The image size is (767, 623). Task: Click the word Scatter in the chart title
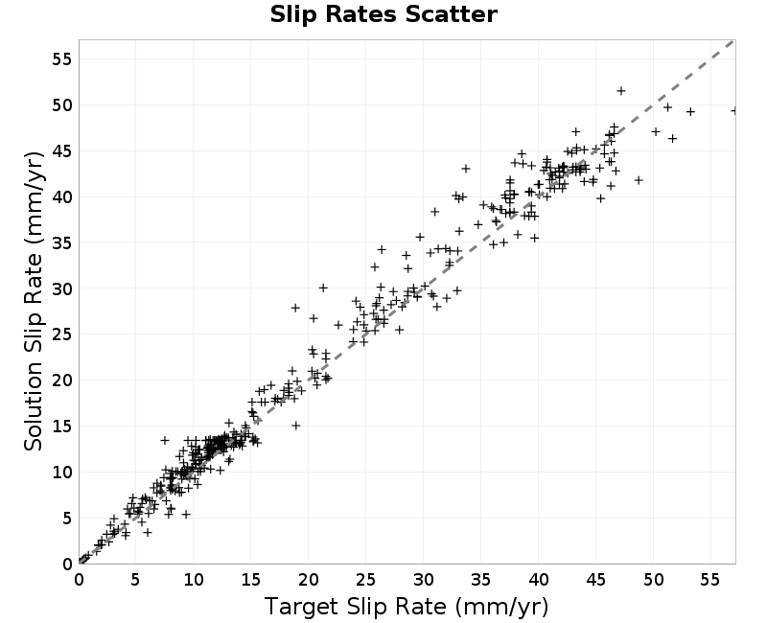451,14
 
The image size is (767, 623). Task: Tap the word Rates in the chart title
361,14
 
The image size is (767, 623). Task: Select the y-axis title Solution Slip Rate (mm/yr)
34,301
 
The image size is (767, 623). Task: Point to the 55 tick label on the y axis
61,59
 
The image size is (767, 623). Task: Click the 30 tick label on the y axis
61,288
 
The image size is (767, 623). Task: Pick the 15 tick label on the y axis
61,427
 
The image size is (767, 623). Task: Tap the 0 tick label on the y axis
67,564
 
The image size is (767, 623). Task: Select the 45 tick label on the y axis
61,151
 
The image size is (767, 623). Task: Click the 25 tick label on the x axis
366,580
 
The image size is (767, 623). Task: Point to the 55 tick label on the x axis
710,580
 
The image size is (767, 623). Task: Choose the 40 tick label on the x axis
538,580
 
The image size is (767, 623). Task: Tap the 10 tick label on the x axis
194,580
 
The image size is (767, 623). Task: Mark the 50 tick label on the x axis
653,580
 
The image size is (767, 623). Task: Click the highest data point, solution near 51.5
621,91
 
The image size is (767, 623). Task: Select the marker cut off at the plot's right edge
733,111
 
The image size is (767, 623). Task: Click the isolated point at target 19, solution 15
296,426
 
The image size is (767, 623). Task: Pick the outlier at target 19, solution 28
295,308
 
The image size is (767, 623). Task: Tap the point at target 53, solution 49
690,112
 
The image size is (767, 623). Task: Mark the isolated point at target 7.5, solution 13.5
165,440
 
